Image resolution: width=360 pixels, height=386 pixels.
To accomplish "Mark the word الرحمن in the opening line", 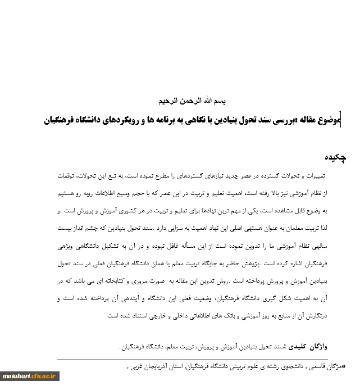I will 192,102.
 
